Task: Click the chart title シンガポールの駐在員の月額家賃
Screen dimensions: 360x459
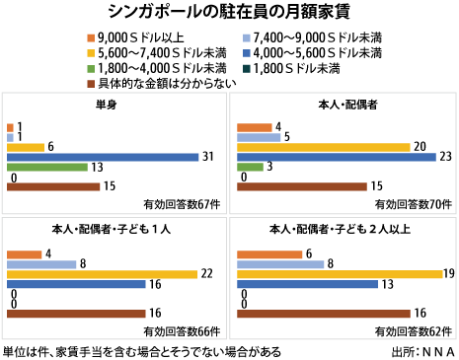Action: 229,11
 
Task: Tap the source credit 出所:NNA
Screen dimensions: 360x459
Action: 421,350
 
